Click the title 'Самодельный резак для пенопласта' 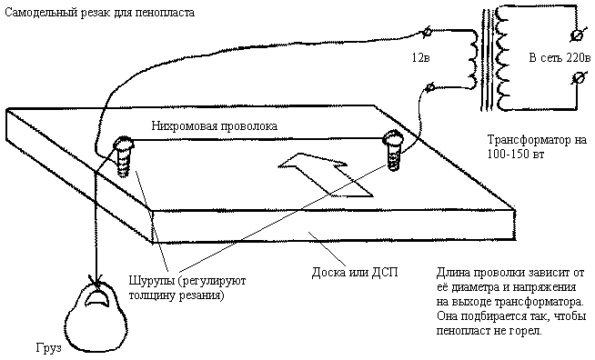coord(100,13)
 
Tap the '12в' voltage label coord(421,58)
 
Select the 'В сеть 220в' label coord(560,58)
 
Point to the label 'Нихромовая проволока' coord(215,126)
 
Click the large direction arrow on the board coord(325,175)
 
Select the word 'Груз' coord(49,348)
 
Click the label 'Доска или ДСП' coord(355,273)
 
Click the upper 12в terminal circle coord(427,32)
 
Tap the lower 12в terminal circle coord(430,88)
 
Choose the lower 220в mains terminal coord(577,78)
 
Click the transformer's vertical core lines coord(487,60)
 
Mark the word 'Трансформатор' coord(528,140)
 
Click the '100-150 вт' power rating coord(516,155)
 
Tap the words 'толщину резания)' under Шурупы coord(176,295)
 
